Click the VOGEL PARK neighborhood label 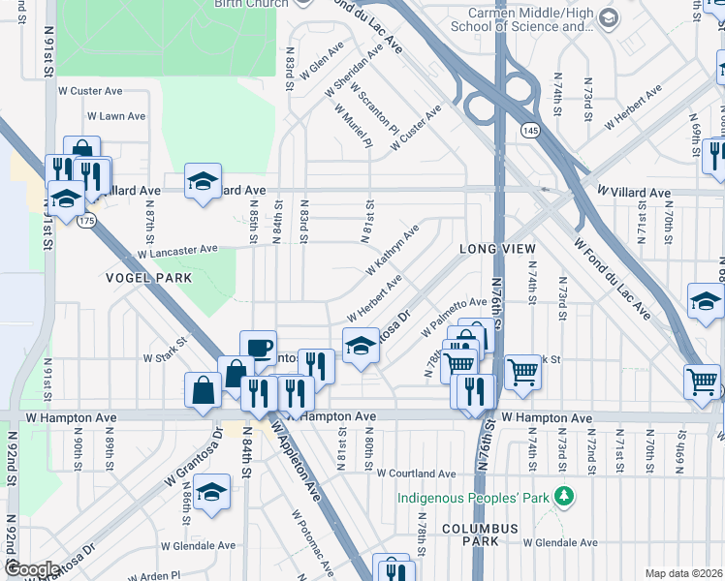tap(148, 278)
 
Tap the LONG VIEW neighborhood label tap(497, 250)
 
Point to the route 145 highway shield tap(528, 129)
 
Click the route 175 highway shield tap(87, 221)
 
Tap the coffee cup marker tap(258, 349)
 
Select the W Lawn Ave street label tap(116, 116)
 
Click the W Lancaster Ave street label tap(177, 251)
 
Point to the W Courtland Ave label tap(416, 474)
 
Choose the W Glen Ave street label tap(323, 59)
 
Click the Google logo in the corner tap(32, 569)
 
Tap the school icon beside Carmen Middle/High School tap(608, 18)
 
